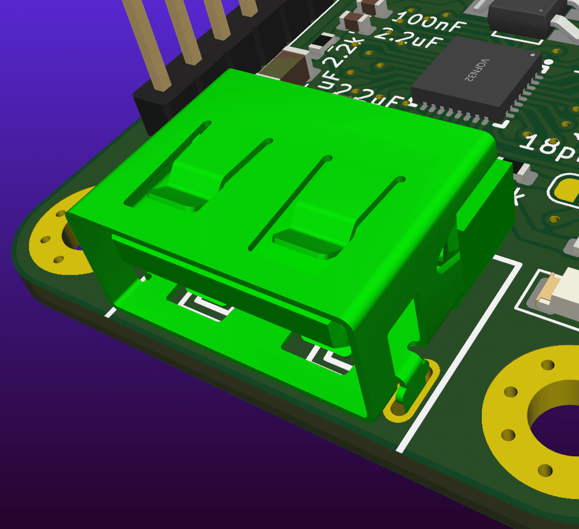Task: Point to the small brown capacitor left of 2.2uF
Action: [x=354, y=23]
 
